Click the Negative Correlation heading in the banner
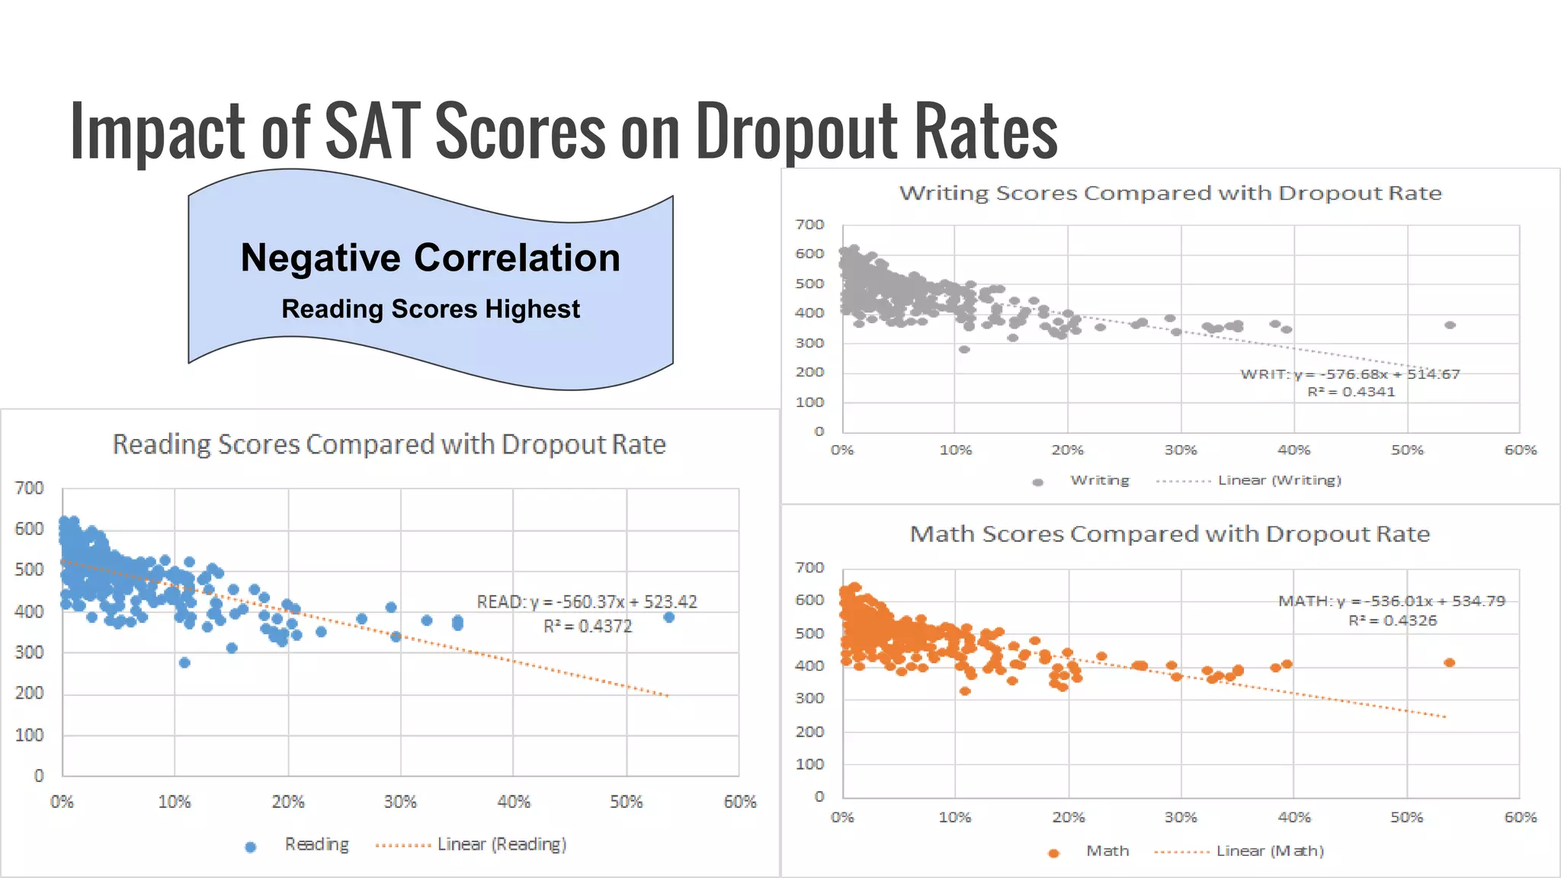[431, 258]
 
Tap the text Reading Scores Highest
[431, 309]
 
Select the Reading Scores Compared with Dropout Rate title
[389, 444]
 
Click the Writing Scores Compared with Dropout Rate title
[1170, 193]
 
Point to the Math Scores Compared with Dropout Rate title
[1169, 534]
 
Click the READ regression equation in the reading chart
[586, 602]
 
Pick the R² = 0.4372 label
[587, 626]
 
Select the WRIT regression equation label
[1349, 374]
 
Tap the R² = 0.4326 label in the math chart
[1392, 620]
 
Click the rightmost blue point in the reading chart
[668, 617]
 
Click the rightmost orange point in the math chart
[1449, 662]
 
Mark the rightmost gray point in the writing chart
[1450, 325]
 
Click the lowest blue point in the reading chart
[184, 662]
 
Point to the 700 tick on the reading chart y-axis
[29, 488]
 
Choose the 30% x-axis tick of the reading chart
[400, 802]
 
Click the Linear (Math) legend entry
[1269, 851]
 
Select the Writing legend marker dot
[1037, 482]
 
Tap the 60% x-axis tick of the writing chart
[1520, 450]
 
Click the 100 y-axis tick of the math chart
[809, 764]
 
